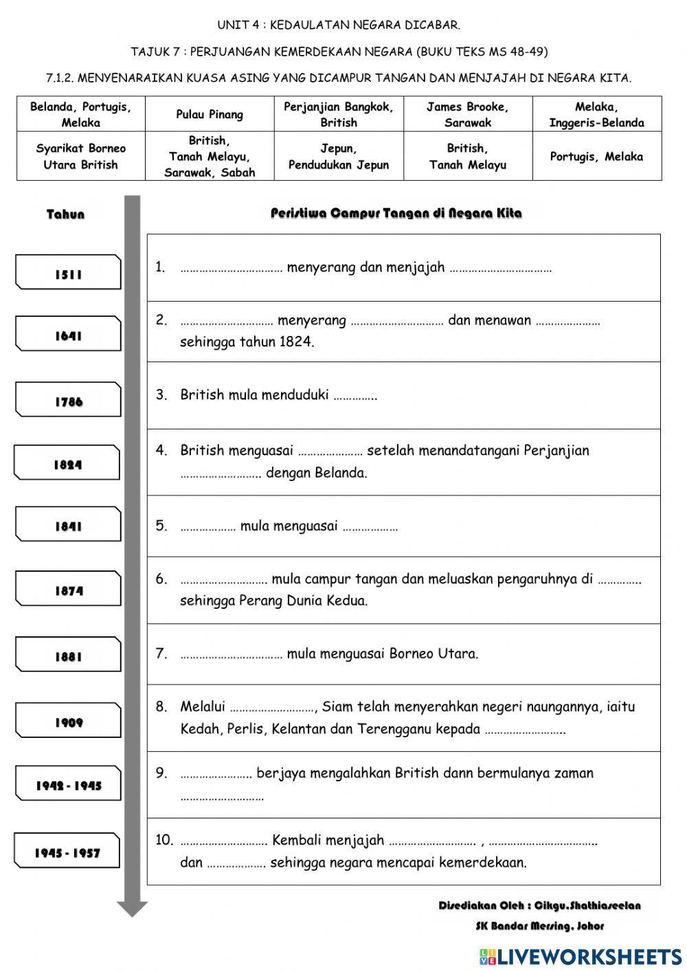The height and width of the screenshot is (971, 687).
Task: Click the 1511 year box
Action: (68, 272)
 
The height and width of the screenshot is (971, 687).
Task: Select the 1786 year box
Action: (68, 400)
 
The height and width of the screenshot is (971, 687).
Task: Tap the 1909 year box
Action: (68, 720)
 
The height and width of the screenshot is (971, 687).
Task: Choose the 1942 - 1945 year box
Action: (68, 784)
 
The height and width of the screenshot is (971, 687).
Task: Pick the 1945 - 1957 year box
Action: (67, 851)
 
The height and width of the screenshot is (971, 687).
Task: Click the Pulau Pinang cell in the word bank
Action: (210, 114)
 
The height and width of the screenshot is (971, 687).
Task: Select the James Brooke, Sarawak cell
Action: (467, 114)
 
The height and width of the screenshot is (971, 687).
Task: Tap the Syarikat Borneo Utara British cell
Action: (80, 156)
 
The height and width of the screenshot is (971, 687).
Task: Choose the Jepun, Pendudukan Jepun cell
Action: (338, 156)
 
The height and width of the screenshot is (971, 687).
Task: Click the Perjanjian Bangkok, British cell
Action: (338, 114)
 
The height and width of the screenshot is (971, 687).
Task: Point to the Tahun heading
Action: (65, 214)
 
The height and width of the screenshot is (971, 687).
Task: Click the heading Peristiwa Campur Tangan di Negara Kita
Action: (396, 213)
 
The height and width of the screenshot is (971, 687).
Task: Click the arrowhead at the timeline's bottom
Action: (132, 909)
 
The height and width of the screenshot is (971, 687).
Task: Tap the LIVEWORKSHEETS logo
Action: (580, 956)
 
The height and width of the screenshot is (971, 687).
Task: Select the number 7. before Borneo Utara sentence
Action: (161, 653)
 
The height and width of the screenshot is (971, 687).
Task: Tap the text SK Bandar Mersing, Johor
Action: (539, 926)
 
